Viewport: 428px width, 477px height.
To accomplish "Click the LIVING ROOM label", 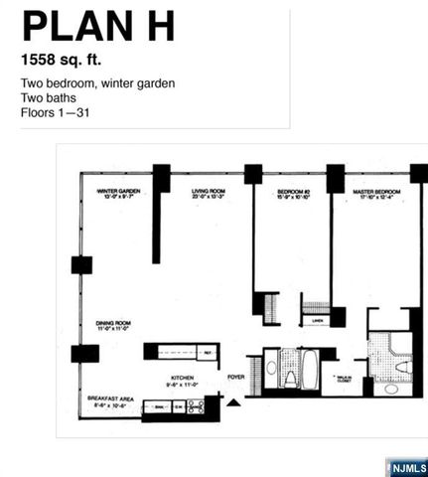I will [x=210, y=193].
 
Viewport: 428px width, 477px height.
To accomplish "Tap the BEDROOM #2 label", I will [x=295, y=193].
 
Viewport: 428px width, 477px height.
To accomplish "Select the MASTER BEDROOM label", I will [x=375, y=193].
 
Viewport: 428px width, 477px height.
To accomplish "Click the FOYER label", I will [x=235, y=378].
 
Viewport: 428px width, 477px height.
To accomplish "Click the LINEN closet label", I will [x=317, y=321].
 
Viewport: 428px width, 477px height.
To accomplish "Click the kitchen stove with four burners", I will [x=196, y=405].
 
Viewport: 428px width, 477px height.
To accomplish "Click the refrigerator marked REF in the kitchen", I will [x=208, y=352].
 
